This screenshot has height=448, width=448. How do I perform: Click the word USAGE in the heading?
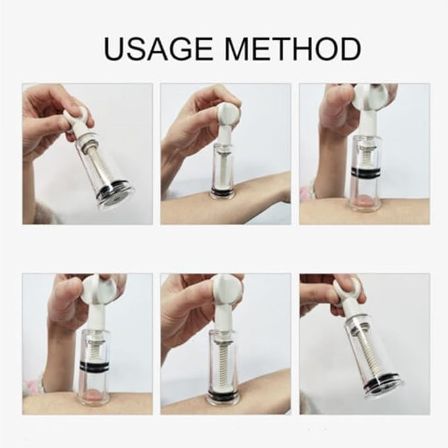click(x=158, y=49)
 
